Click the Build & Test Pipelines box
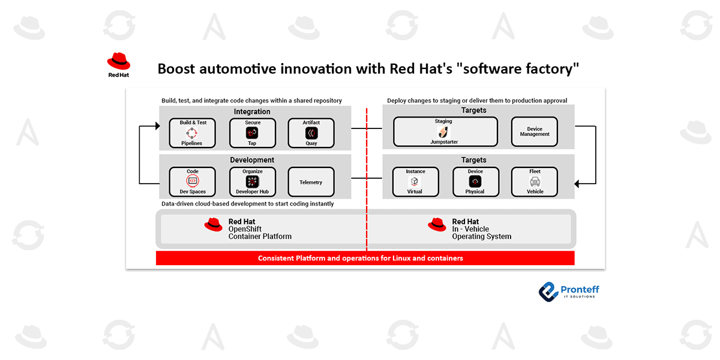[x=193, y=133]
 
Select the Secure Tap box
[x=252, y=133]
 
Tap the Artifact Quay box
[x=311, y=133]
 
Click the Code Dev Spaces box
[x=193, y=181]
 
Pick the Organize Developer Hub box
[x=252, y=181]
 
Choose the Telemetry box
[x=311, y=182]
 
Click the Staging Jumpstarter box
[x=445, y=131]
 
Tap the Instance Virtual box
[x=415, y=181]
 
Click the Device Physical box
[x=475, y=181]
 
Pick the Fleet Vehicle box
[x=534, y=181]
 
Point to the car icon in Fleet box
[x=535, y=181]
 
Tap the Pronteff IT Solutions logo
[x=568, y=292]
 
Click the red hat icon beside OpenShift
[x=213, y=224]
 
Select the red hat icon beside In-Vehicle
[x=437, y=224]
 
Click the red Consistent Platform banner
[x=365, y=258]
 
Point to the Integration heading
[x=252, y=112]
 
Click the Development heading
[x=252, y=160]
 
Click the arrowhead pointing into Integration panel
[x=157, y=126]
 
